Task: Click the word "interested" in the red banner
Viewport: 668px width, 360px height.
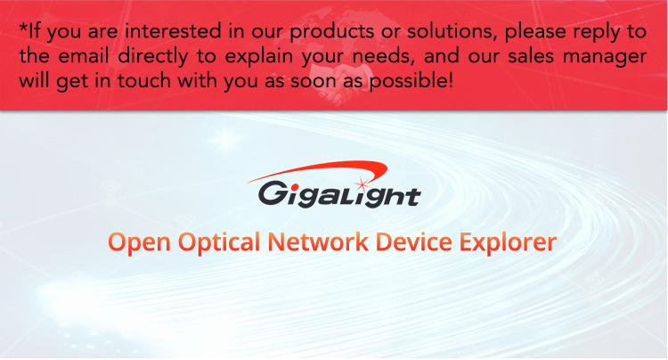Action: click(173, 31)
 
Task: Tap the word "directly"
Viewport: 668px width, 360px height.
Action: click(153, 57)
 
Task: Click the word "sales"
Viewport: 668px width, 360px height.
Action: click(531, 56)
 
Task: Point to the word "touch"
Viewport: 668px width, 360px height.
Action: click(144, 80)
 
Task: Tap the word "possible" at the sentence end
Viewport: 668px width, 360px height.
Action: click(408, 81)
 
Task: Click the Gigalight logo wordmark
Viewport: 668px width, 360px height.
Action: click(339, 194)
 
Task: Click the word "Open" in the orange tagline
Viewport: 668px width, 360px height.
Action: click(139, 242)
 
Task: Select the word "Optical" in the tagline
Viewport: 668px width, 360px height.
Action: click(219, 242)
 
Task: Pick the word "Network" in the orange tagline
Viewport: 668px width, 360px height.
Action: click(318, 241)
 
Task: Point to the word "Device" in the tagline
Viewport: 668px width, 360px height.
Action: click(413, 241)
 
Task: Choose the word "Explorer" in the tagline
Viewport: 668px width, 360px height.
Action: click(508, 242)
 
